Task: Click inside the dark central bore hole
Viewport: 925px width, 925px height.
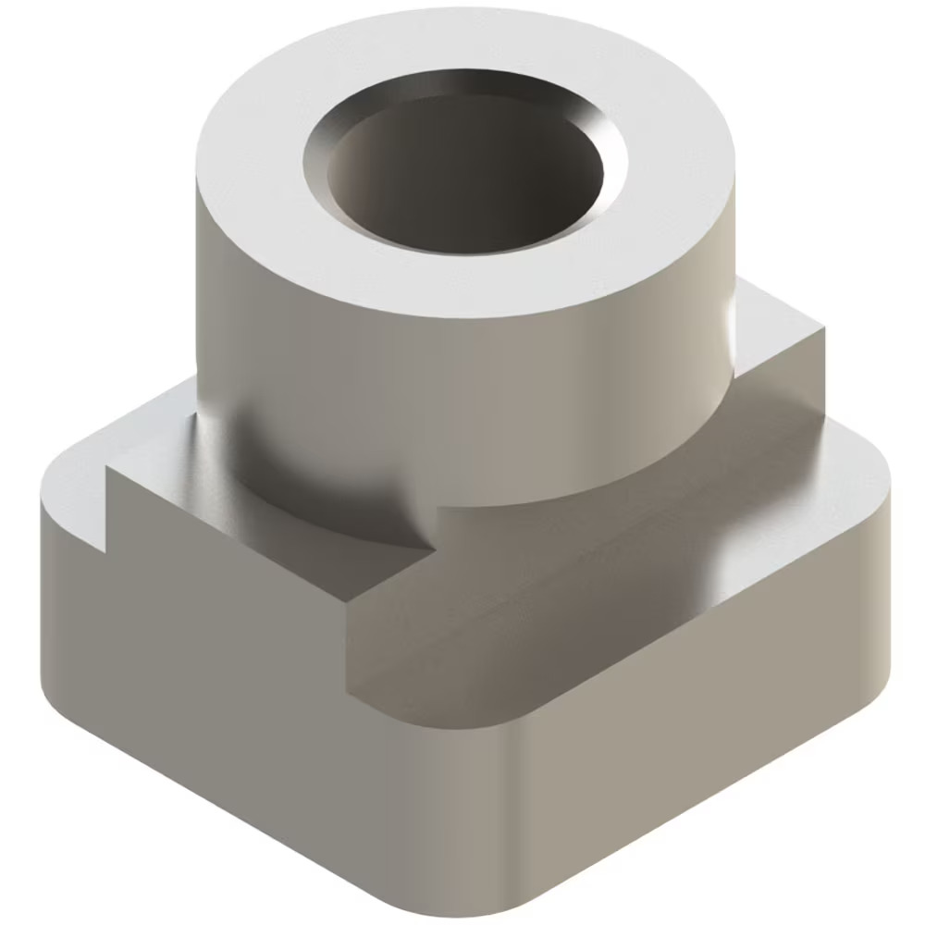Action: coord(462,180)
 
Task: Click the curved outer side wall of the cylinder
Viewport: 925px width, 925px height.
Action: coord(462,388)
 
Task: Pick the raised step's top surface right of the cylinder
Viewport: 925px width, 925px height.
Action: coord(777,324)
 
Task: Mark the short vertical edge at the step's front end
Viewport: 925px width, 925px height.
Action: coord(348,647)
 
